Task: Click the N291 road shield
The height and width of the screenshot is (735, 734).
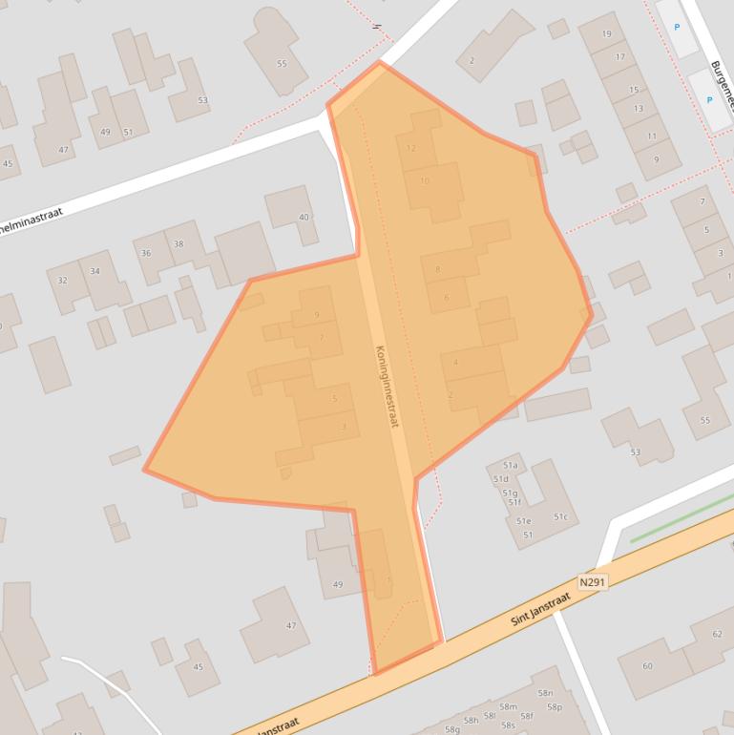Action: point(592,580)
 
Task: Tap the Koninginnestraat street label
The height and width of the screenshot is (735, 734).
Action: point(387,386)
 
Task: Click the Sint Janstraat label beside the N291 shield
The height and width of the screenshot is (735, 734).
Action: point(540,608)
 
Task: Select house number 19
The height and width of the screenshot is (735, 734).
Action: point(607,34)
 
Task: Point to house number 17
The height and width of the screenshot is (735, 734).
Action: point(619,57)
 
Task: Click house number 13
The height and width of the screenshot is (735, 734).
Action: point(638,109)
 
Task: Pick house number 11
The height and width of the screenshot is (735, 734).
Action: point(652,136)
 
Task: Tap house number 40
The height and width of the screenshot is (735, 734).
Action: point(304,217)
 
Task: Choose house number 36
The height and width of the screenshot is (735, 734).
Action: point(146,253)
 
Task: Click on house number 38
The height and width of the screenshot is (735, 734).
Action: point(178,244)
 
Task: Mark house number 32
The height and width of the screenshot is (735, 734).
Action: point(63,281)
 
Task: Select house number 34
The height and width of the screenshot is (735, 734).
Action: point(94,272)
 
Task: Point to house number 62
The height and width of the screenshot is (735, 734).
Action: point(717,634)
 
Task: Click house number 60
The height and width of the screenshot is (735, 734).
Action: point(647,666)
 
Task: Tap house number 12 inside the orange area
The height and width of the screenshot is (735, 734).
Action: point(411,148)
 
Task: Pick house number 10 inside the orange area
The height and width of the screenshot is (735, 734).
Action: point(425,180)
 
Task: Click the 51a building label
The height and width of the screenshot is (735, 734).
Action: point(510,466)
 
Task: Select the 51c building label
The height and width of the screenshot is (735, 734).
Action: point(560,517)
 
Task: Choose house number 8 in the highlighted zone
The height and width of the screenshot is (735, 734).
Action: point(437,269)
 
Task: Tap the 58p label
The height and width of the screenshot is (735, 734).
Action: point(555,707)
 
